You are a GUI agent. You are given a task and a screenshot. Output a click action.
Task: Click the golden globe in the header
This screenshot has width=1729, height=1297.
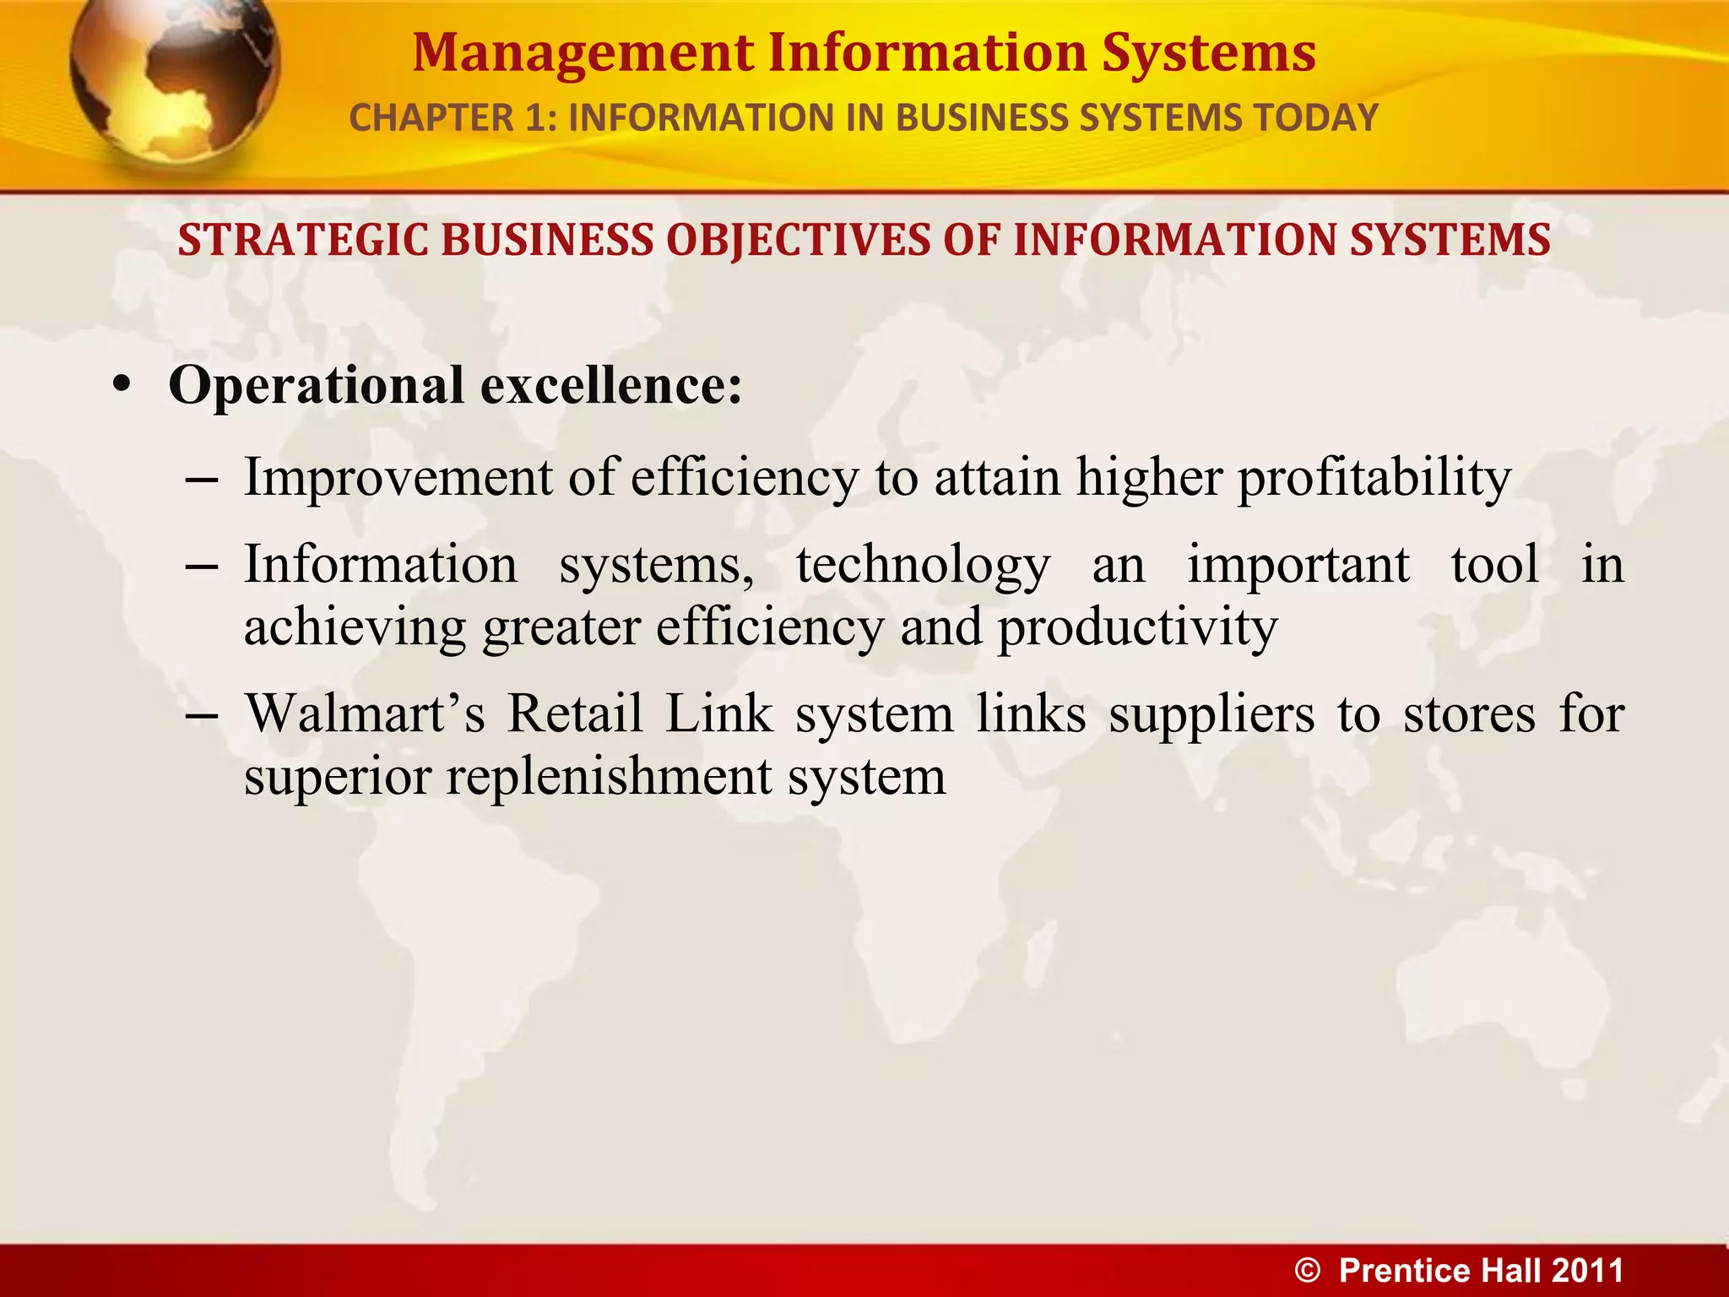pyautogui.click(x=173, y=80)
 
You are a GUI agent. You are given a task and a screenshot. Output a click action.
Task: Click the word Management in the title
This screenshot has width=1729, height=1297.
pyautogui.click(x=583, y=53)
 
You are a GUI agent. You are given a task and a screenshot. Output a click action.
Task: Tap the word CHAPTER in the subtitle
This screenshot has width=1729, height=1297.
pyautogui.click(x=430, y=118)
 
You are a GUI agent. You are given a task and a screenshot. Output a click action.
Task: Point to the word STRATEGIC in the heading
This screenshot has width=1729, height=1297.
pyautogui.click(x=303, y=240)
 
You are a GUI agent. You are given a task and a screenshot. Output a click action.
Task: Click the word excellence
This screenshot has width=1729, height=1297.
pyautogui.click(x=611, y=386)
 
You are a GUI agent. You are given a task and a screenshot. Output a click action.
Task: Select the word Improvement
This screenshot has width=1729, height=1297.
pyautogui.click(x=398, y=477)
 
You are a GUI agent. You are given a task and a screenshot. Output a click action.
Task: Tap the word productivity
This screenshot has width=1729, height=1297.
pyautogui.click(x=1138, y=629)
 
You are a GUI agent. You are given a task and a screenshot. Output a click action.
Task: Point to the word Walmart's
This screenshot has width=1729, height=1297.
pyautogui.click(x=365, y=714)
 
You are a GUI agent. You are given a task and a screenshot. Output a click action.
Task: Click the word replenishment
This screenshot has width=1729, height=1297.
pyautogui.click(x=609, y=777)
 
